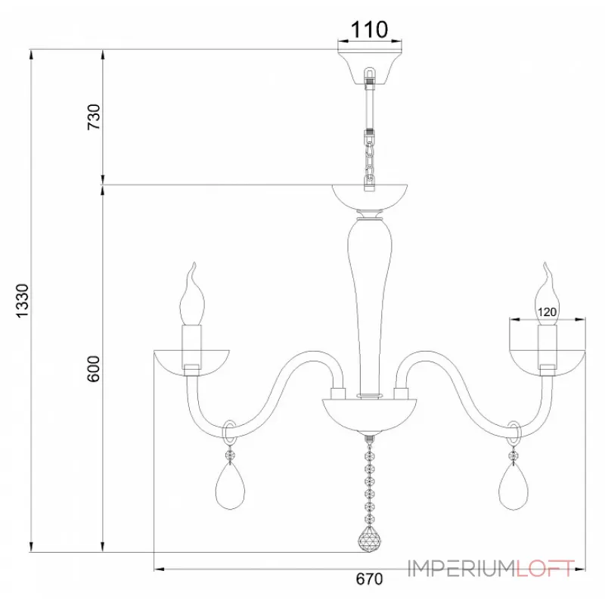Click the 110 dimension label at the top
pos(369,29)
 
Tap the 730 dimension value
pos(94,117)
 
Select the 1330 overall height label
pos(23,301)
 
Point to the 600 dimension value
pos(94,369)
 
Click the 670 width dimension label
pos(369,579)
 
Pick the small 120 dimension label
pos(547,312)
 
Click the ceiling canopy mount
pos(370,67)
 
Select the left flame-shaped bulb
pos(192,294)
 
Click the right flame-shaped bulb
pos(548,294)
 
